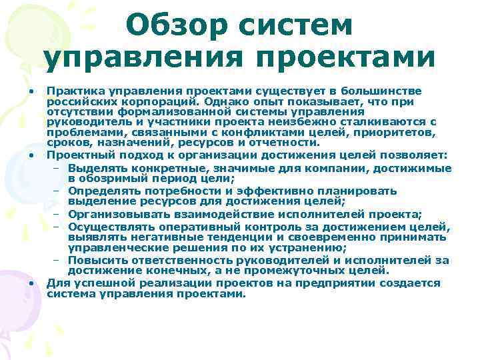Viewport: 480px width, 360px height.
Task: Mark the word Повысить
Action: click(x=97, y=259)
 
